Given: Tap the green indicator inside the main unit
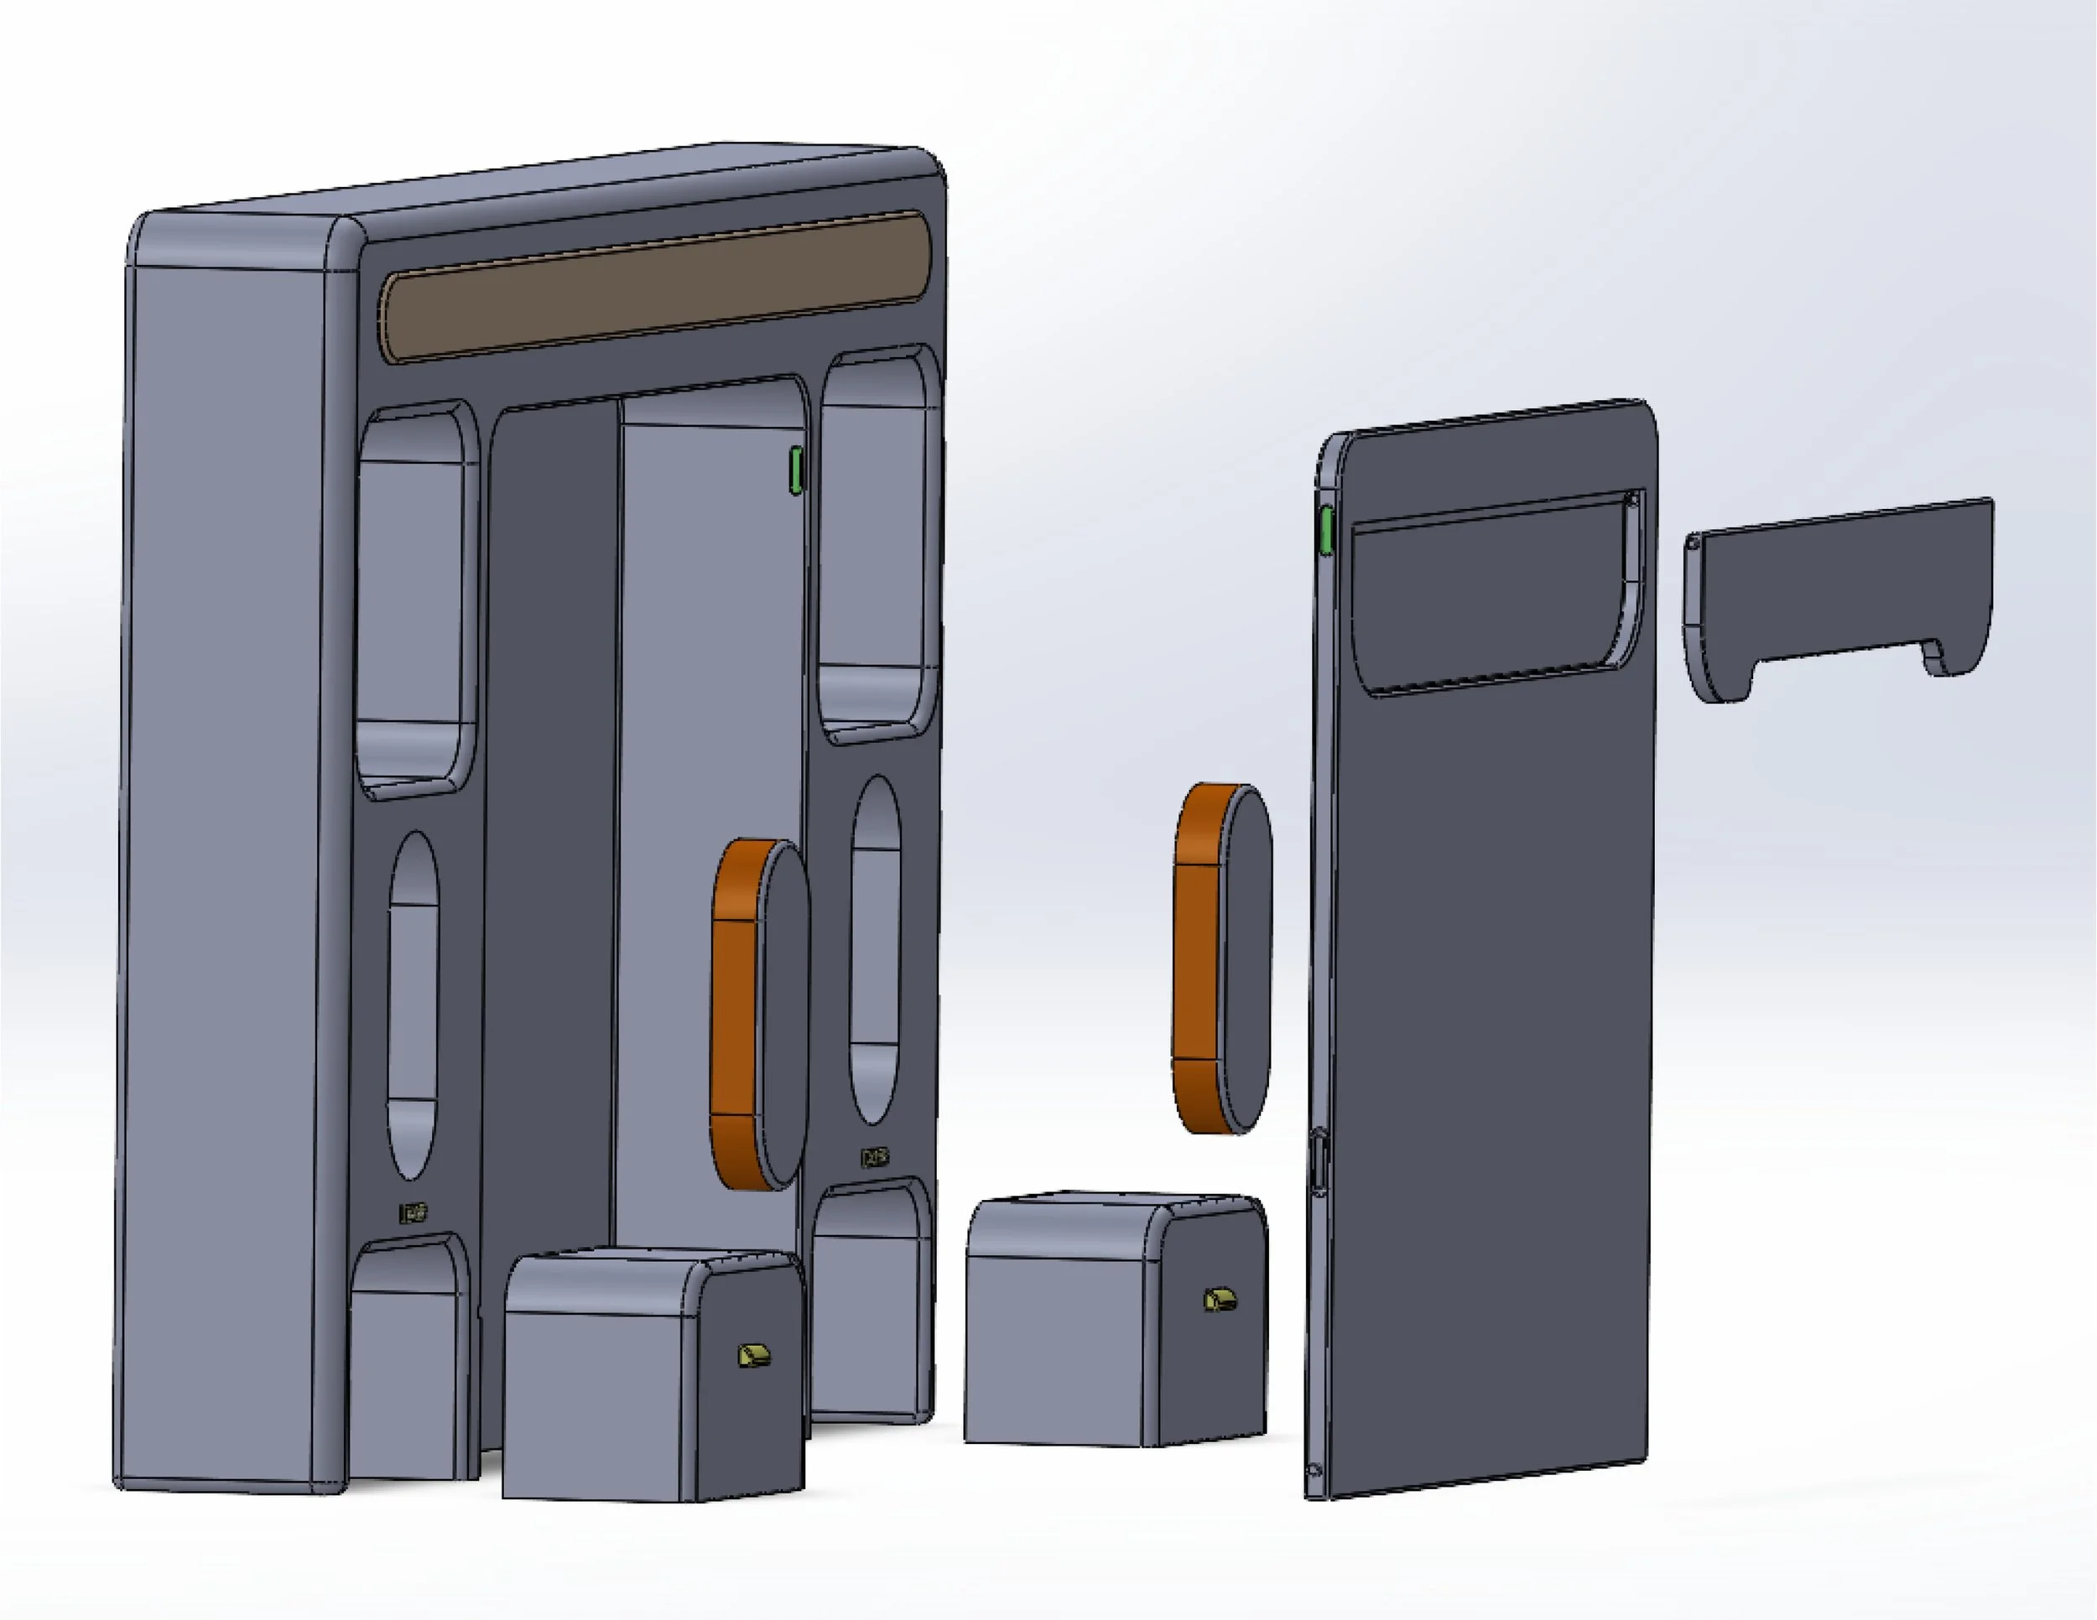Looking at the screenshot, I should [x=795, y=470].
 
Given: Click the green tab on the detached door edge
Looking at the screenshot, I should [x=1327, y=531].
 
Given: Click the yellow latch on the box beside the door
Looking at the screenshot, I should [x=1220, y=1301].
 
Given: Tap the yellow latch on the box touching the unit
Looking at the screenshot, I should [x=754, y=1356].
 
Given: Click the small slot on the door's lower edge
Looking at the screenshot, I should [x=1319, y=1162].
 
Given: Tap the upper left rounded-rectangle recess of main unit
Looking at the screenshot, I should [x=418, y=595].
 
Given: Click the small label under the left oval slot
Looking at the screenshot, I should [x=413, y=1213].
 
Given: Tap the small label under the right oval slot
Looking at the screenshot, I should [x=875, y=1157].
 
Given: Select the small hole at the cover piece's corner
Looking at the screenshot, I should [x=1693, y=543].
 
